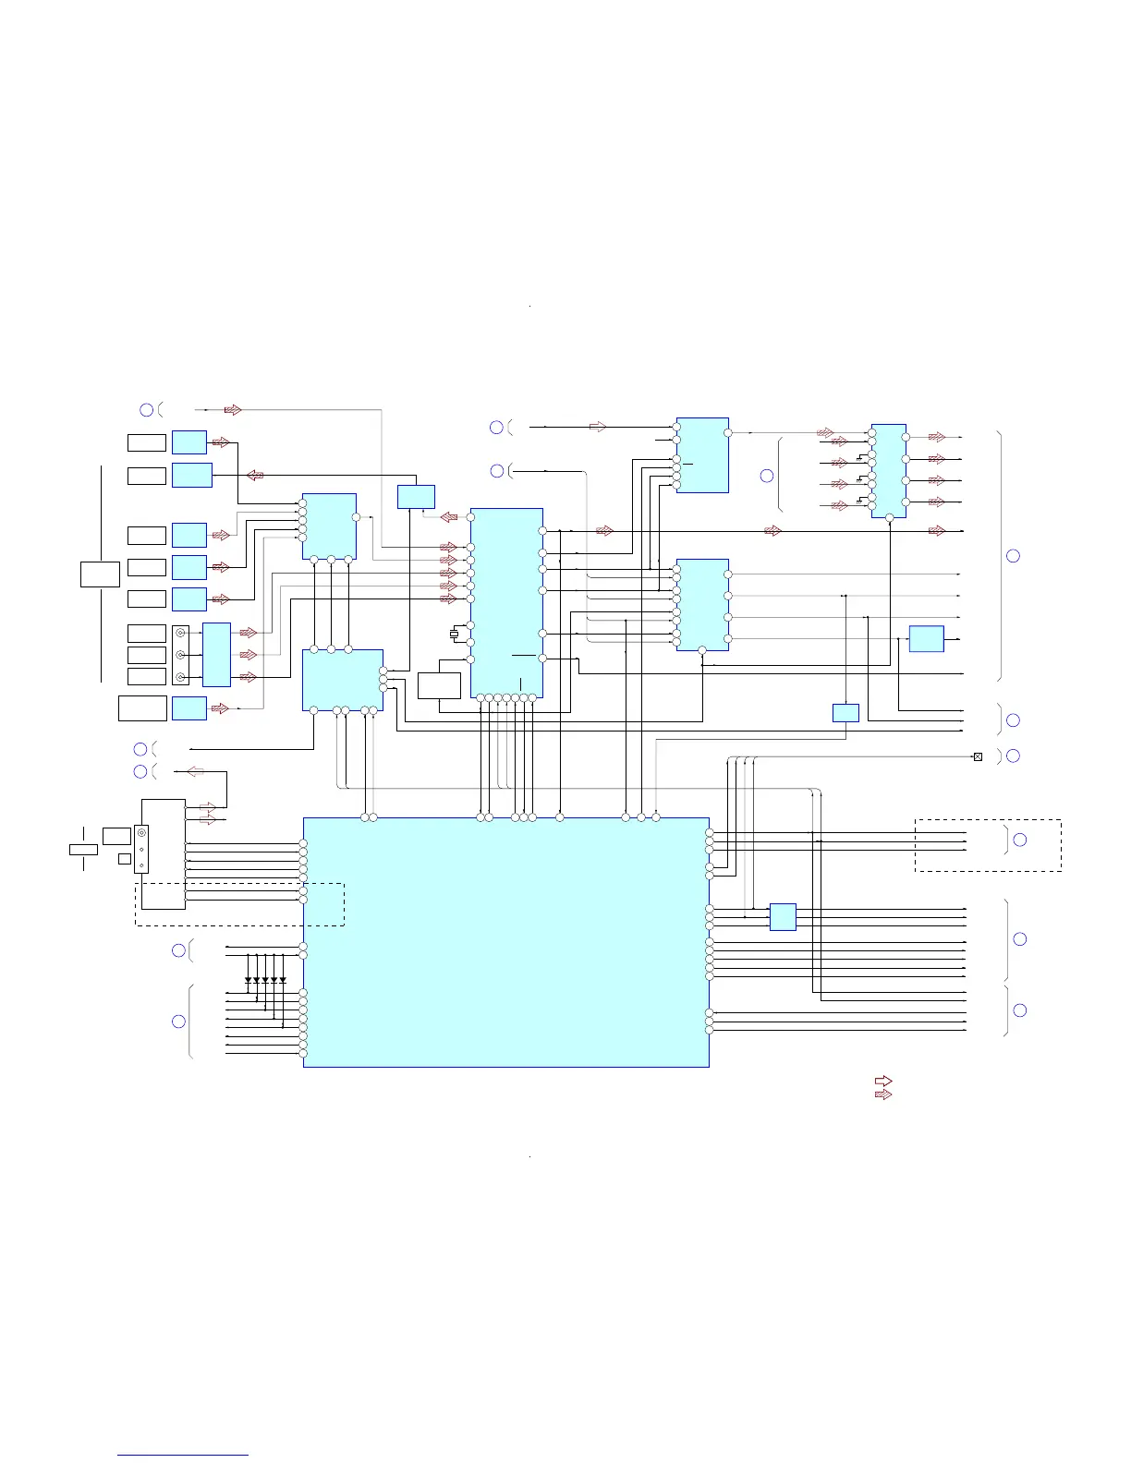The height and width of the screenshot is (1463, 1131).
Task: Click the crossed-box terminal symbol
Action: pyautogui.click(x=978, y=757)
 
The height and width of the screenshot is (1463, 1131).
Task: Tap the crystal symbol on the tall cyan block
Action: pyautogui.click(x=454, y=634)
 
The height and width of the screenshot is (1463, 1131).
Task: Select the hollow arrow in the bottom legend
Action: pyautogui.click(x=883, y=1081)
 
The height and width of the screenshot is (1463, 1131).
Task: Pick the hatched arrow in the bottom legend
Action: pyautogui.click(x=883, y=1094)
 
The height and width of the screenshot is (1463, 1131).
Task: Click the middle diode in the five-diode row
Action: pyautogui.click(x=265, y=980)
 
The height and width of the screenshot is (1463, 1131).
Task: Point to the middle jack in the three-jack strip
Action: pyautogui.click(x=180, y=655)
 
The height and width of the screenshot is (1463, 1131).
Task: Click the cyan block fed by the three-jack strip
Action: pyautogui.click(x=216, y=655)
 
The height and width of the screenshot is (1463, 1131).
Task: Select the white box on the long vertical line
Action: pyautogui.click(x=100, y=574)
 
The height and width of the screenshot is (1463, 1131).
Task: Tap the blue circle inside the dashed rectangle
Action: pyautogui.click(x=1020, y=840)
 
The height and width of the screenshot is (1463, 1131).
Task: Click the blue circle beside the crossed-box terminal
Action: pyautogui.click(x=1013, y=756)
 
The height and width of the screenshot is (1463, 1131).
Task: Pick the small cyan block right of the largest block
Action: pyautogui.click(x=783, y=917)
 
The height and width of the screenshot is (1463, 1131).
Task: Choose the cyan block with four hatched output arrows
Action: pyautogui.click(x=888, y=471)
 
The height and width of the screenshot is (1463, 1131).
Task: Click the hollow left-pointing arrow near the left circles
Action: pyautogui.click(x=196, y=771)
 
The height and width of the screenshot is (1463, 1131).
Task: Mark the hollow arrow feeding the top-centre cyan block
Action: pyautogui.click(x=598, y=427)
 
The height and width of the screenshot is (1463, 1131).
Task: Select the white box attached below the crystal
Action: pyautogui.click(x=439, y=685)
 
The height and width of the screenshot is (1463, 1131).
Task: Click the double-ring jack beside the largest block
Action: pyautogui.click(x=141, y=834)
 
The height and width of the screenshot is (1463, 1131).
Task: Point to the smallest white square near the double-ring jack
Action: pyautogui.click(x=125, y=859)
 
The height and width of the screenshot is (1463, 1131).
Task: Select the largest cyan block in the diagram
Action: pyautogui.click(x=505, y=942)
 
